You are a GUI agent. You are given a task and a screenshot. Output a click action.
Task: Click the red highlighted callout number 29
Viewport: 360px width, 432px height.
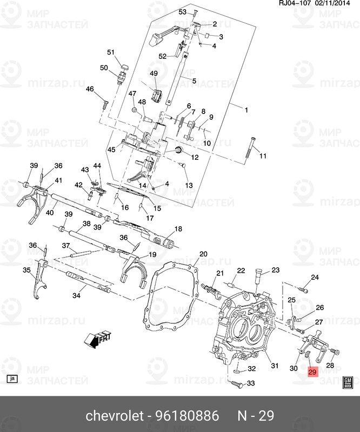[x=312, y=372]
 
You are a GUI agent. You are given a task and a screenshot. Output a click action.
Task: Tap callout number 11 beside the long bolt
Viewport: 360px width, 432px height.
[x=263, y=157]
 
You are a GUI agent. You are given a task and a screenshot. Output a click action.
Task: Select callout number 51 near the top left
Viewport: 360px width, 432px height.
[x=111, y=52]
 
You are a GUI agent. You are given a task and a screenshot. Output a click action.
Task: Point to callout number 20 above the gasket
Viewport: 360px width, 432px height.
[x=203, y=254]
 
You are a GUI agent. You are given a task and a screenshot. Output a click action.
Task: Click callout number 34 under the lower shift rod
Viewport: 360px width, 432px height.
[x=76, y=295]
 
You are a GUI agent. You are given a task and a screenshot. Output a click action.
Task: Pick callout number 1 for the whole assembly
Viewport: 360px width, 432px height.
[x=246, y=110]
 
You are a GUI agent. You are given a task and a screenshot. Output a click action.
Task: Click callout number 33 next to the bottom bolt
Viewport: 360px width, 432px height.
[x=251, y=383]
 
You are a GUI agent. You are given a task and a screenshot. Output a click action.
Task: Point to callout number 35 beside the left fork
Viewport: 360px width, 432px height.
[x=27, y=269]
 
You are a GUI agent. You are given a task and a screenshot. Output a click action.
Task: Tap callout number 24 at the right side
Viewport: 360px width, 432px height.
[x=315, y=278]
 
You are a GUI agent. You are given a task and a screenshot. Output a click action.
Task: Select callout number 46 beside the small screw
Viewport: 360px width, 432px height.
[x=90, y=89]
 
